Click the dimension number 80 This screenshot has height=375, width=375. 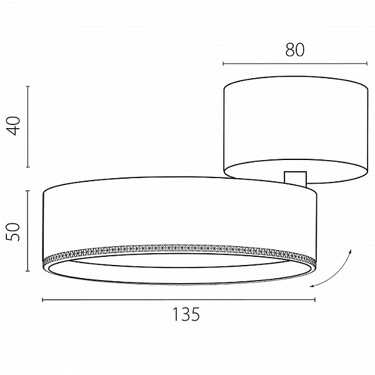(295, 50)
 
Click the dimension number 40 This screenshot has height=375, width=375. (14, 126)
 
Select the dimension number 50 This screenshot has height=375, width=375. (13, 232)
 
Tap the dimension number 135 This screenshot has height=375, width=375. (186, 314)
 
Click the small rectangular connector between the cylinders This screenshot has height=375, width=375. (296, 179)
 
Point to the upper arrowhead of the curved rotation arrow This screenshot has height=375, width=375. (350, 252)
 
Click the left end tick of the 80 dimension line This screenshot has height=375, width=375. (223, 63)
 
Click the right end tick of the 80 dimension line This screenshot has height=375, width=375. (367, 63)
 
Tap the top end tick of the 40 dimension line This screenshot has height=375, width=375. (27, 86)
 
